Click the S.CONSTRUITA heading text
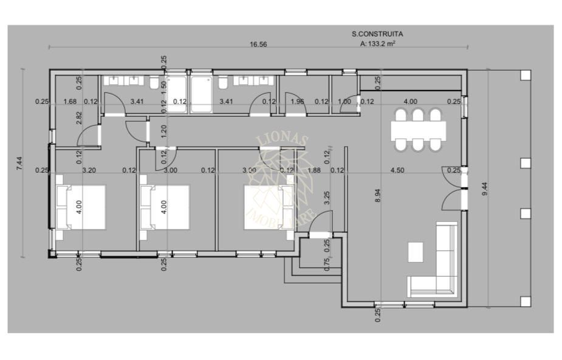pos(377,35)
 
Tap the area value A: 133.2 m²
pos(378,44)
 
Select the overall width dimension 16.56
pos(258,44)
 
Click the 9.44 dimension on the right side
pos(484,189)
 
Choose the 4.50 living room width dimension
pos(397,171)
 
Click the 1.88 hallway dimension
pos(314,171)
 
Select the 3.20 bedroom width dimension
pos(89,171)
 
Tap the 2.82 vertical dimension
pos(80,118)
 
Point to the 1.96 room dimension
pos(297,102)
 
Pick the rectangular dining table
pos(418,130)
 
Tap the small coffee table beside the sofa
pos(416,251)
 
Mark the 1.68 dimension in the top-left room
pos(70,102)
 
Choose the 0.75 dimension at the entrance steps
pos(327,264)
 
